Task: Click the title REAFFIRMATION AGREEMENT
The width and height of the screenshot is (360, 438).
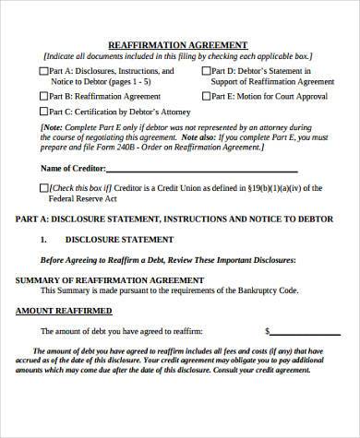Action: [x=178, y=44]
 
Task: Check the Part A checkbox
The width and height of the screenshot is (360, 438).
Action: [x=45, y=70]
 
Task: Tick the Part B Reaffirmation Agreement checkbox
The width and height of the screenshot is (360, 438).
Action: [x=45, y=94]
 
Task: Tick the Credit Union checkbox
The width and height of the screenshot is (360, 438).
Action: [x=45, y=187]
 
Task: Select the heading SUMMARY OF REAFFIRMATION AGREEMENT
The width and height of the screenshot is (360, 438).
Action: [x=102, y=278]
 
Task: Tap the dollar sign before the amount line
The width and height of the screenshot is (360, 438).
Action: [x=267, y=330]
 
